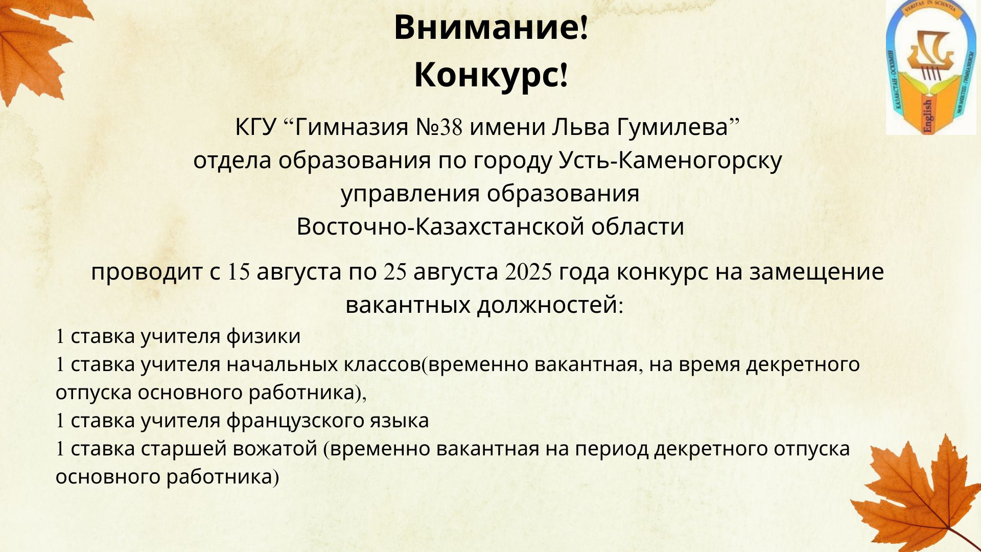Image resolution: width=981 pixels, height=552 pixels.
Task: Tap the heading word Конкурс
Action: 486,75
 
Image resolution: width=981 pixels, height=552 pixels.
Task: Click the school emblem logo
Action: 930,67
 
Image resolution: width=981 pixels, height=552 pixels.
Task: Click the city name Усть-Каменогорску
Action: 670,160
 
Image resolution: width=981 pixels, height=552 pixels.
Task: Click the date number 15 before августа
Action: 239,272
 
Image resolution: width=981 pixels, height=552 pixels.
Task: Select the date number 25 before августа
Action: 395,272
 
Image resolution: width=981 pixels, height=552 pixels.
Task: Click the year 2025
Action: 528,272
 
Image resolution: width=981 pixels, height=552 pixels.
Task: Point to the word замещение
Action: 816,272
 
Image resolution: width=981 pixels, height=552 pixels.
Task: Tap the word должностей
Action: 548,305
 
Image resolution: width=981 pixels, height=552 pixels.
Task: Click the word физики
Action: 263,336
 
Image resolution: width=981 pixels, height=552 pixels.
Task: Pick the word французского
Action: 295,421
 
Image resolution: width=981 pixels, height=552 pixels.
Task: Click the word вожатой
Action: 275,448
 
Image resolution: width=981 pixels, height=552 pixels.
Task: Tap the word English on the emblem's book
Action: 928,116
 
